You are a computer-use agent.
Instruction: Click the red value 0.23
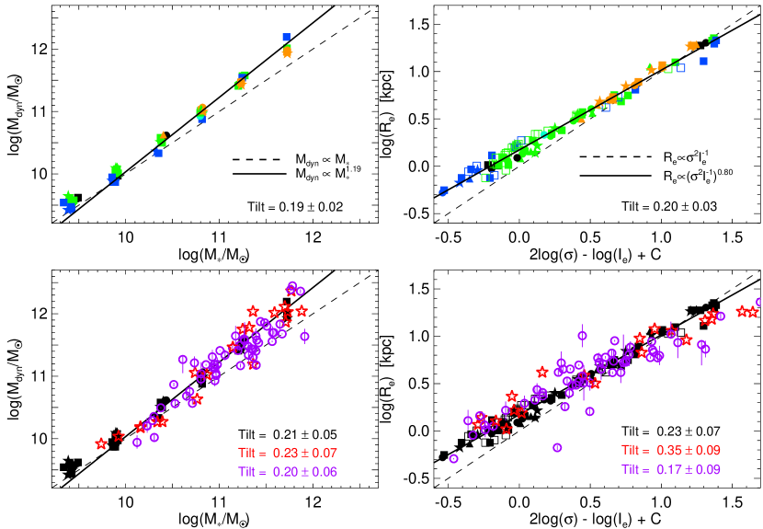(284, 453)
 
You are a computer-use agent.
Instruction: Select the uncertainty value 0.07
(325, 453)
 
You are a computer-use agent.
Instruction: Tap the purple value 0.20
(284, 472)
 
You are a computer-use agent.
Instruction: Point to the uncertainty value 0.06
(325, 472)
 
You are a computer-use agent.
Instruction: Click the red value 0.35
(667, 450)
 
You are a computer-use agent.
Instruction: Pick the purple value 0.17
(667, 469)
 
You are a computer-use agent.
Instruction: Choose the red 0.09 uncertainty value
(708, 450)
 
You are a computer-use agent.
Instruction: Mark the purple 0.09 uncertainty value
(708, 469)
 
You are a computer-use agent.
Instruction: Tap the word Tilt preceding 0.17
(632, 469)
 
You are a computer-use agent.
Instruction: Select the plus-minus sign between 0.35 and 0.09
(688, 450)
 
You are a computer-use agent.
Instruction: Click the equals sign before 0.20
(265, 472)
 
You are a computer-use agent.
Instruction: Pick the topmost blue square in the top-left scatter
(286, 37)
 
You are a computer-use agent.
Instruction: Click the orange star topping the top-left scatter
(287, 53)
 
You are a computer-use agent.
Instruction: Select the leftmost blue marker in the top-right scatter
(444, 191)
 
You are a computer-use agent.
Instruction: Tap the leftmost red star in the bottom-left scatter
(101, 443)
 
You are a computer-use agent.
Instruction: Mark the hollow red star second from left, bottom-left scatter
(119, 436)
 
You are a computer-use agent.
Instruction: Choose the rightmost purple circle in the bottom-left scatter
(304, 336)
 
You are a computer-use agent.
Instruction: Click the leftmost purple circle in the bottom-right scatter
(453, 458)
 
